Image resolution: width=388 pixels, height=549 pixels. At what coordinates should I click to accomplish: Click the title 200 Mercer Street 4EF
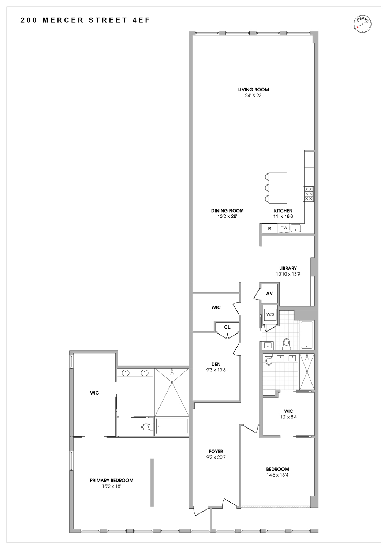click(x=85, y=20)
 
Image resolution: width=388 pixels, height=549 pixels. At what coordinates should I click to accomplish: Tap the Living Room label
click(x=253, y=90)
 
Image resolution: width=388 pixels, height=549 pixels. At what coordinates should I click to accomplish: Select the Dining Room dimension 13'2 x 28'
click(x=227, y=216)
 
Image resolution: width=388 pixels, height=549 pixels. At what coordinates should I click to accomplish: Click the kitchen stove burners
click(x=308, y=194)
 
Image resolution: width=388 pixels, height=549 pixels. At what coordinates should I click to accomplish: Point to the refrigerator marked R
click(x=270, y=228)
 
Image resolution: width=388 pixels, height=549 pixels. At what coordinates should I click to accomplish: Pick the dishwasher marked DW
click(x=284, y=228)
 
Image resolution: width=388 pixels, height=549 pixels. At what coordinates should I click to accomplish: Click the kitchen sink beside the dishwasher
click(x=296, y=228)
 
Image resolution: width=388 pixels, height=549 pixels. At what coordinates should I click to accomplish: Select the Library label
click(x=288, y=268)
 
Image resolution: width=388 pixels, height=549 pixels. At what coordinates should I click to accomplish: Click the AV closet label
click(x=269, y=294)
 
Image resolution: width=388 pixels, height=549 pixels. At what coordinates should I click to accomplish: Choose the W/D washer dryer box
click(x=270, y=314)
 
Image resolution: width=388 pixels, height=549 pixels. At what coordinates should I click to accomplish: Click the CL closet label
click(x=227, y=327)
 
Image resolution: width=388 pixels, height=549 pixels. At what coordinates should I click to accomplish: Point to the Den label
click(x=216, y=364)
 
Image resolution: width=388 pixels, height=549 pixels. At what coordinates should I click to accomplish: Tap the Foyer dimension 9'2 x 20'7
click(x=216, y=457)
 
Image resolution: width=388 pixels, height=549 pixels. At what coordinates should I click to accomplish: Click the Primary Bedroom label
click(x=112, y=480)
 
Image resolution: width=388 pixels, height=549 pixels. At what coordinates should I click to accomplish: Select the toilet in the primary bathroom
click(x=146, y=427)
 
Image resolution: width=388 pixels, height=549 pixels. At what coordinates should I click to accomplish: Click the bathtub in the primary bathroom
click(x=172, y=426)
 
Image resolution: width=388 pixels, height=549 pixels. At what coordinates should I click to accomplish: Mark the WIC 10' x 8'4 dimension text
click(x=288, y=417)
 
